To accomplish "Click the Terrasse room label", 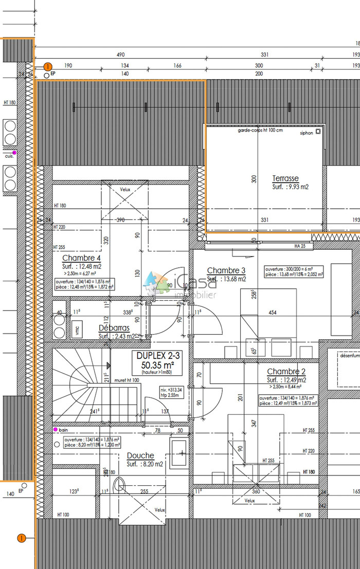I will (285, 179).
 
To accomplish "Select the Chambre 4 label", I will (81, 258).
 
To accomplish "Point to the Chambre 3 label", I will (226, 270).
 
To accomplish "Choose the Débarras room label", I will (114, 328).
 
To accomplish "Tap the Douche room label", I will (140, 455).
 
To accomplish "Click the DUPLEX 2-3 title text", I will (155, 355).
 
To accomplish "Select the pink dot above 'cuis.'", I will (14, 153).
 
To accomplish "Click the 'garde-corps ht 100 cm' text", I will (260, 131).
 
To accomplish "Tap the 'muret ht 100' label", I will (127, 380).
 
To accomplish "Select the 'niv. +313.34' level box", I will (171, 392).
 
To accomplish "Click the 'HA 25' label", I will (300, 246).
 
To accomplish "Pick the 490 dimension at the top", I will (120, 54).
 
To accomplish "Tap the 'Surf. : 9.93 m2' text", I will (290, 188).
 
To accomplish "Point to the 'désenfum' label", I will (349, 355).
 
